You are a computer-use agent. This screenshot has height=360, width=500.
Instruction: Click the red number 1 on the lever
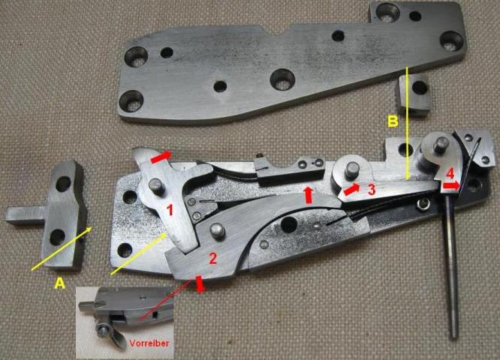coord(170,210)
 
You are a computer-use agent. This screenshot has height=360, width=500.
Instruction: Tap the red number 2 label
coord(212,258)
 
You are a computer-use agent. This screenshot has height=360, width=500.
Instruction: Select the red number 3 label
coord(372,189)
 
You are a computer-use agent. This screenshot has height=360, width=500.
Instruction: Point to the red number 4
coord(450,174)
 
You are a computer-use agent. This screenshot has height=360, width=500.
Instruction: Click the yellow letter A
coord(59,283)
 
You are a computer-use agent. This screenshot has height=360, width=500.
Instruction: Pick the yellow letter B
coord(393,121)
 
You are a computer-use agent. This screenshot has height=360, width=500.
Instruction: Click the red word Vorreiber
coord(149,343)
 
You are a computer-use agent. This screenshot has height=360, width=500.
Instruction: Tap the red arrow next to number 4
coord(451,185)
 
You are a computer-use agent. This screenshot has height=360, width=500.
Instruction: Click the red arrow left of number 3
coord(351,190)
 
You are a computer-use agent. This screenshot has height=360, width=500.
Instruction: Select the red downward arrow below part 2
coord(200,283)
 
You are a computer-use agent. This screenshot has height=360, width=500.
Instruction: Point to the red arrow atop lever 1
coord(161,157)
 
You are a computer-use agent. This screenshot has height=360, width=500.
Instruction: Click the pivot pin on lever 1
coord(157,186)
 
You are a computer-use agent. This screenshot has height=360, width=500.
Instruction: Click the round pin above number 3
coord(352,169)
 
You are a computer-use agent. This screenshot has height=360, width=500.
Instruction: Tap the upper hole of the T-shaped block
coord(63,184)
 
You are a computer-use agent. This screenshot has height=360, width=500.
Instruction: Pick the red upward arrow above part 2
coord(309,195)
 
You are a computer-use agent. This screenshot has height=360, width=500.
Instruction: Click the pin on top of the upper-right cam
coord(441,144)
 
